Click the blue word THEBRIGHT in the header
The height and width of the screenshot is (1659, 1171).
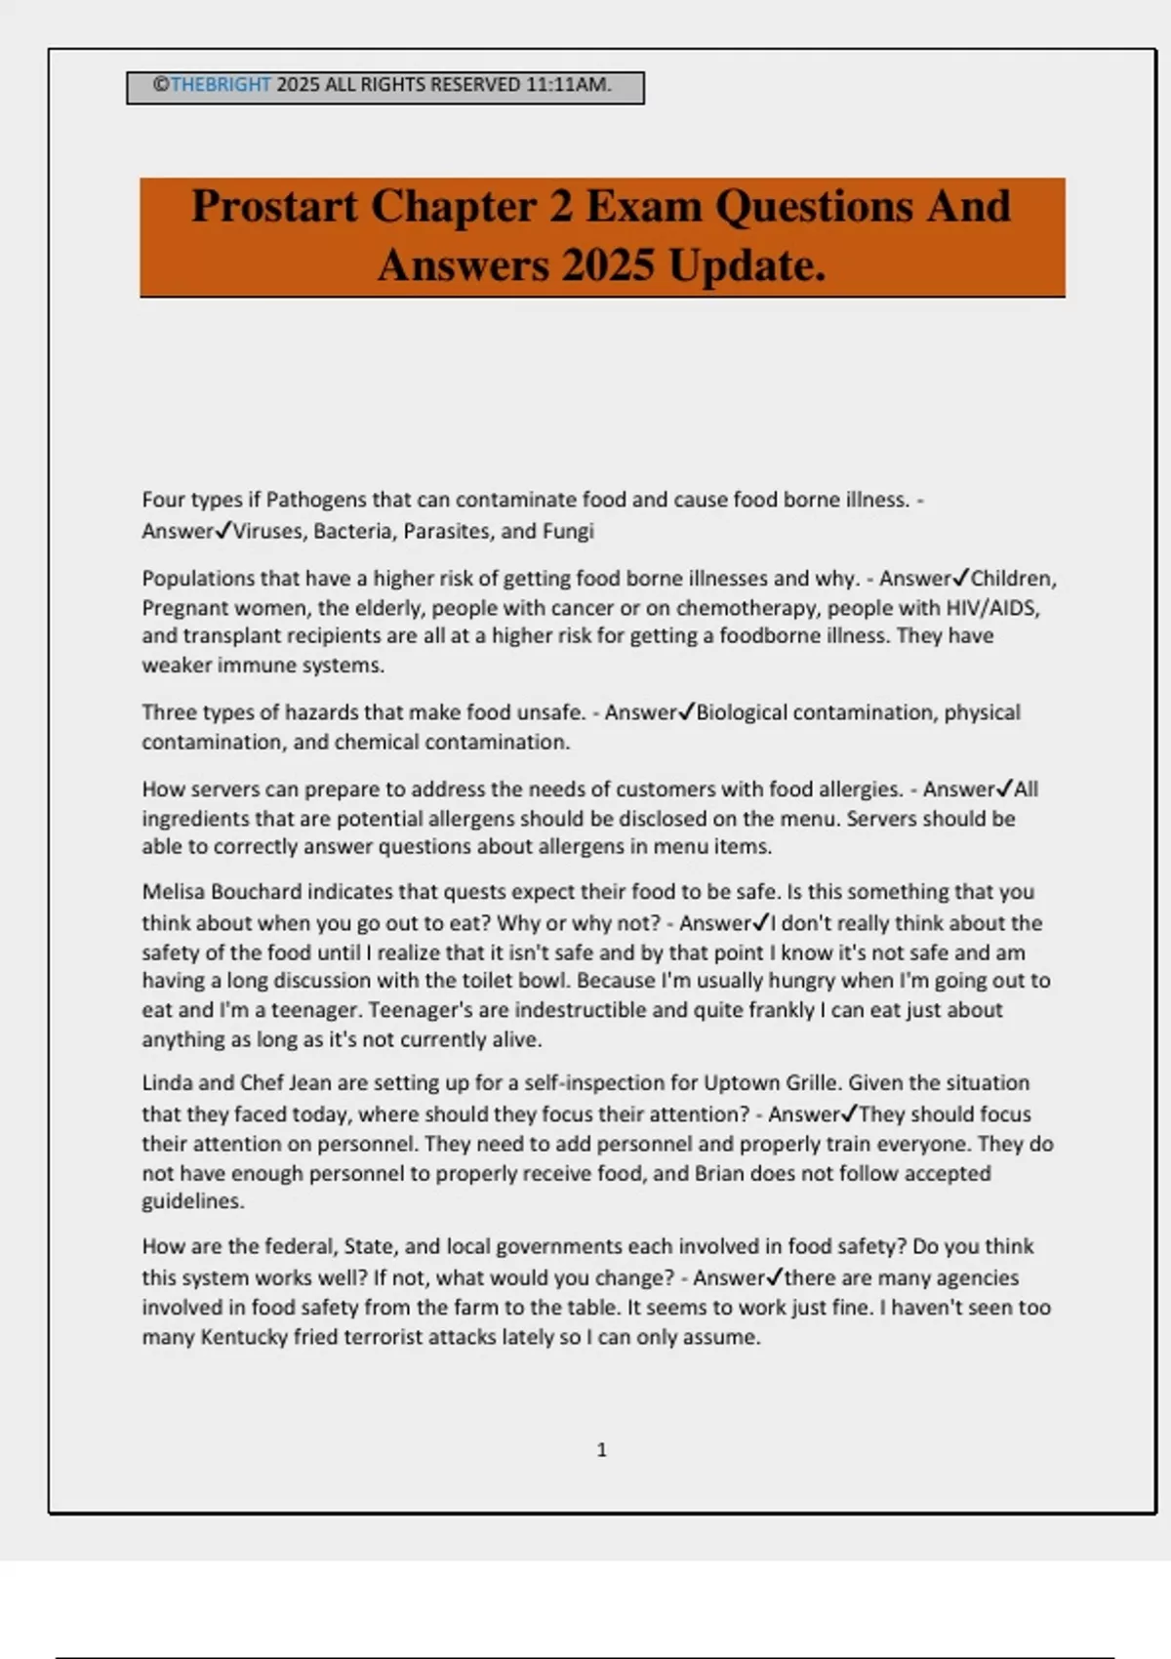221,85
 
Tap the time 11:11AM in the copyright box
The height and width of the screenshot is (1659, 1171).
568,85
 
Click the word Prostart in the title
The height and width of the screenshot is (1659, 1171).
274,206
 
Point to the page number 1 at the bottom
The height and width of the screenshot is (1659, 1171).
601,1450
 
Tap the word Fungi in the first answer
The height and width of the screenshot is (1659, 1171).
569,532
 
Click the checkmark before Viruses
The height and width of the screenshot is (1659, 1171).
222,531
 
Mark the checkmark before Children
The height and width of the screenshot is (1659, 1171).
960,578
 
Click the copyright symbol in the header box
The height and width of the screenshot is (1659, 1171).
161,85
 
